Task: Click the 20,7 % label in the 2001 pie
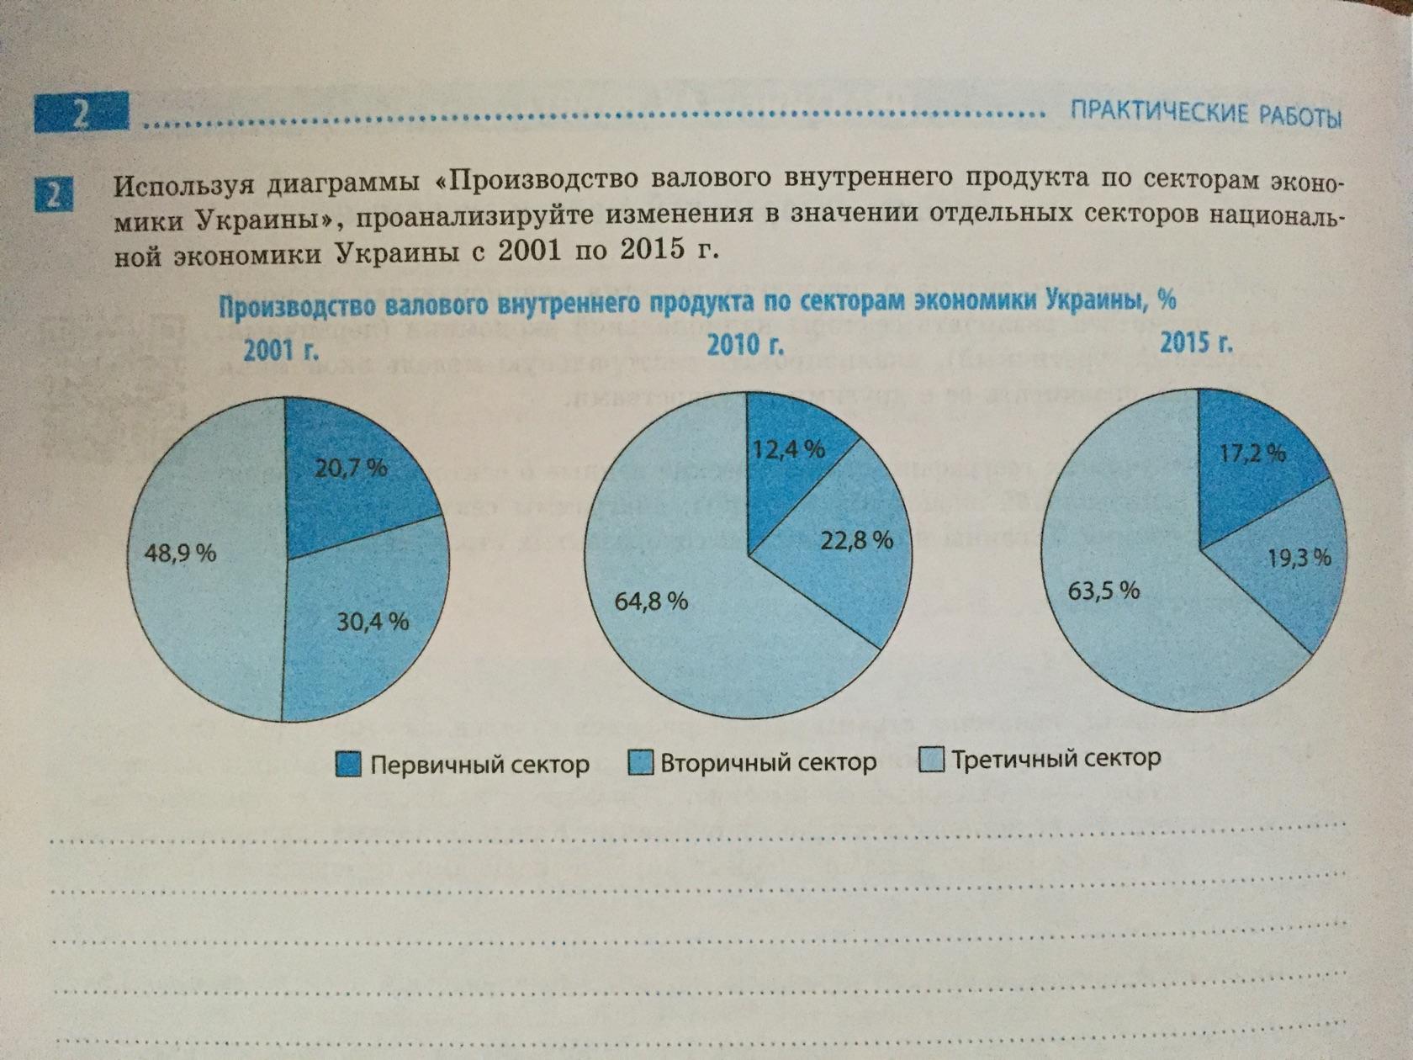click(351, 468)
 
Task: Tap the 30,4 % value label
click(373, 622)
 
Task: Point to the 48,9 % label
click(180, 553)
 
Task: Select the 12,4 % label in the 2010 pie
click(788, 449)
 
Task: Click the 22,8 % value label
click(856, 540)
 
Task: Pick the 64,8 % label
click(651, 601)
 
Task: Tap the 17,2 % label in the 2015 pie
click(1252, 453)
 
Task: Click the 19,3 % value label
click(1299, 557)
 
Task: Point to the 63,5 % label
click(1103, 591)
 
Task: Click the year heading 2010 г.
click(745, 345)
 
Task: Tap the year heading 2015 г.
click(1197, 342)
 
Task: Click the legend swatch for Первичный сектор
click(348, 764)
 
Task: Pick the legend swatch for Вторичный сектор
click(640, 762)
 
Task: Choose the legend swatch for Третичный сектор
click(932, 760)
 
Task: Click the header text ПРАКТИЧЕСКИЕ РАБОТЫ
click(1204, 114)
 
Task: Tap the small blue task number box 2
click(54, 196)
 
